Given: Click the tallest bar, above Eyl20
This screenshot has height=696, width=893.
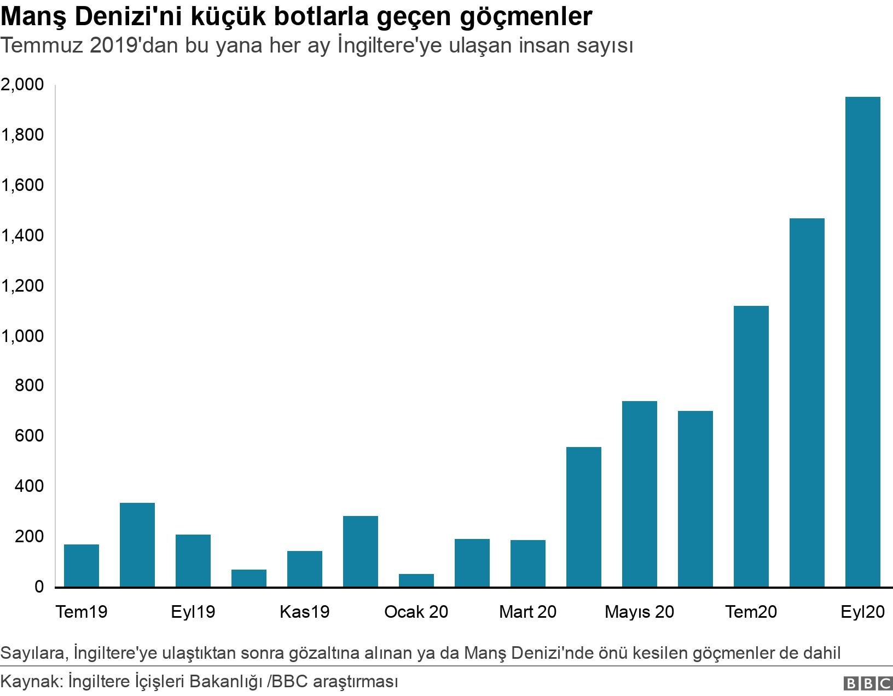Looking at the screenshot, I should tap(862, 342).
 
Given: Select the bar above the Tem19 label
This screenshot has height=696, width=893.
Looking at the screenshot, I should tap(82, 565).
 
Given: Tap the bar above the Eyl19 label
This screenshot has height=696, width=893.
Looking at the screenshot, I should tap(193, 560).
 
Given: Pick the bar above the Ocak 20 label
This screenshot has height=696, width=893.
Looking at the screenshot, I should tap(416, 580).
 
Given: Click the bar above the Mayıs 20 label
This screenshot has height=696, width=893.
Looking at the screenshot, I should tap(640, 494).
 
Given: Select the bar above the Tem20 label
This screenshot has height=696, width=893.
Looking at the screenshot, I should tap(751, 446).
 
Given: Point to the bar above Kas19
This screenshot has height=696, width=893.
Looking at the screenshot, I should tap(305, 569).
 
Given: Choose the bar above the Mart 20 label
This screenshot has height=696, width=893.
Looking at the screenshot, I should tap(528, 563).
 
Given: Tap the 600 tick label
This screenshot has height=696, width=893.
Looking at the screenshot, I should tap(31, 437).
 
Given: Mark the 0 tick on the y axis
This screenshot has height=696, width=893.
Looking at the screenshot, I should tap(39, 587).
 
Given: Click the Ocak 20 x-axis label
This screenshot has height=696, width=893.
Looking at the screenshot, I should tap(416, 612).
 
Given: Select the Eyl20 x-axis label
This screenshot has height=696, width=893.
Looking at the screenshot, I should tap(862, 612).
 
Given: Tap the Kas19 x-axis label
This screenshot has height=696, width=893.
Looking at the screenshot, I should tap(305, 612).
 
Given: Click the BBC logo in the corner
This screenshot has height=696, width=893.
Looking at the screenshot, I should tap(867, 683).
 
